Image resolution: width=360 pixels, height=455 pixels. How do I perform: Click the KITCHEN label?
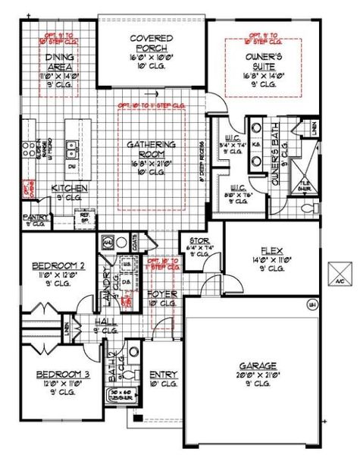pyautogui.click(x=69, y=188)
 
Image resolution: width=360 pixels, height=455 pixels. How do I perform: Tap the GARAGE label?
pyautogui.click(x=254, y=365)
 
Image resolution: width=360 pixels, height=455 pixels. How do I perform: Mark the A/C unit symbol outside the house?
pyautogui.click(x=340, y=271)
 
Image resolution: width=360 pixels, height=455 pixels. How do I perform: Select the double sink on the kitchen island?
pyautogui.click(x=74, y=146)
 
